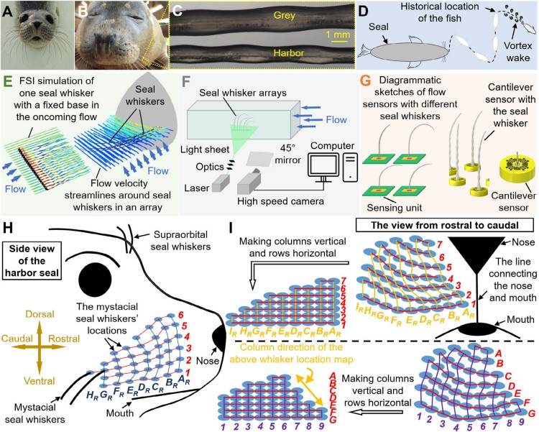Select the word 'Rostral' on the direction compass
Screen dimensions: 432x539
coord(81,320)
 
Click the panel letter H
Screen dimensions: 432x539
coord(11,231)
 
